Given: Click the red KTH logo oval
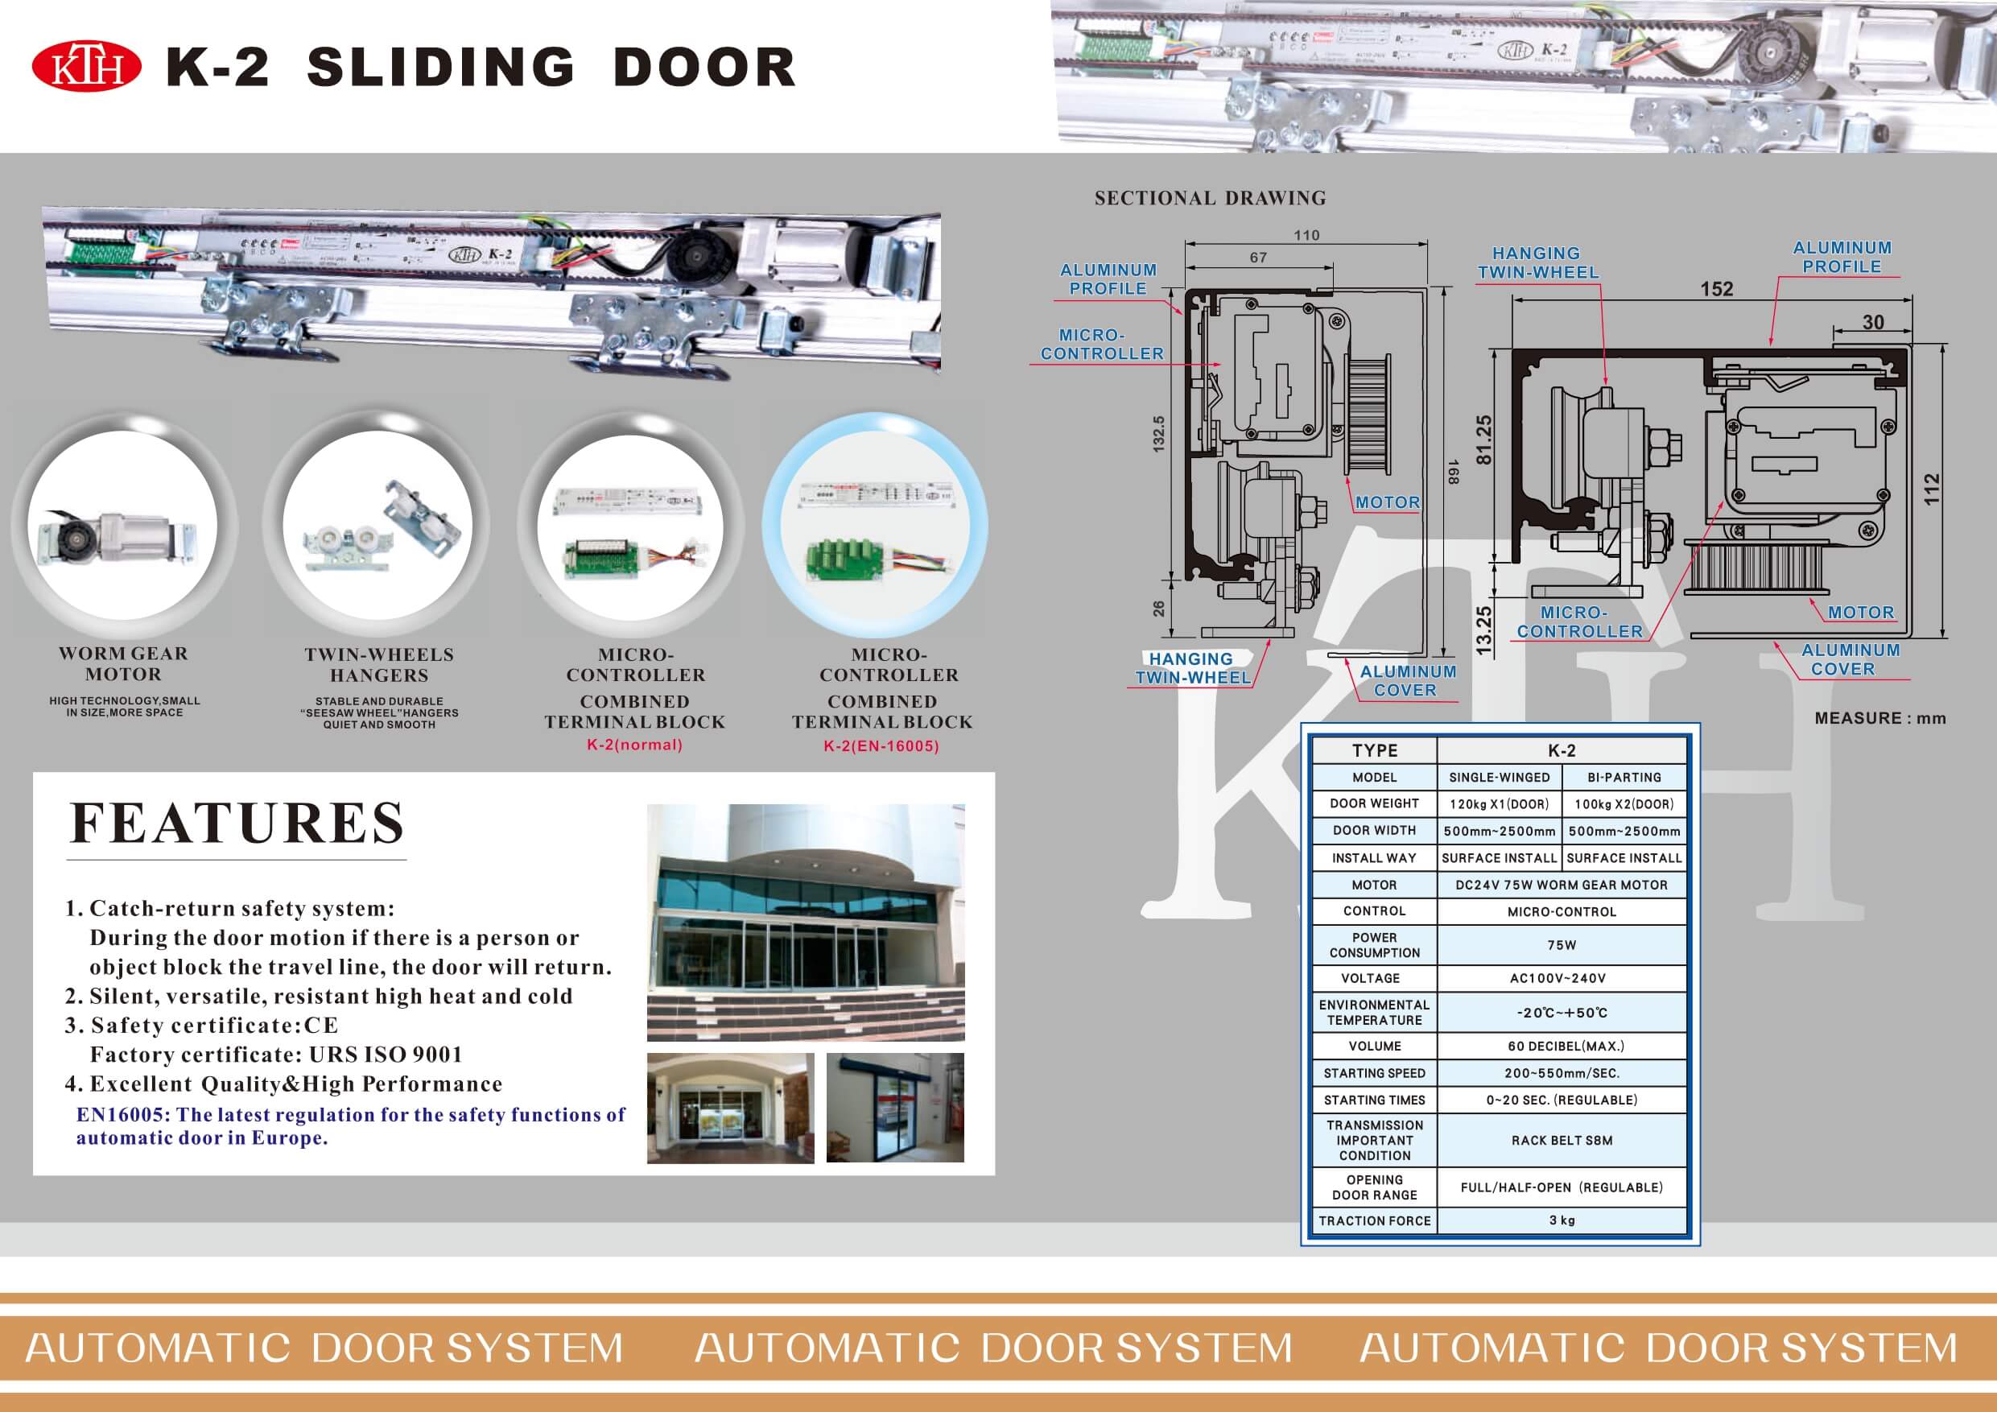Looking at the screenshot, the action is coord(86,68).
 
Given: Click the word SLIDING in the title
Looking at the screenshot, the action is coord(441,68).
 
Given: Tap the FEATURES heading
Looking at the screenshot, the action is coord(237,823).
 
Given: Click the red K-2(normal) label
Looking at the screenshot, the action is coord(635,745).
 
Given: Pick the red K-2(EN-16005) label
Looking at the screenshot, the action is coord(881,745).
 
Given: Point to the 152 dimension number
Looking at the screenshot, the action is coord(1717,289).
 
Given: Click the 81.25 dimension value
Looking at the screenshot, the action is coord(1483,440).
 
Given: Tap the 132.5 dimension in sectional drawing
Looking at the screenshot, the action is coord(1158,433).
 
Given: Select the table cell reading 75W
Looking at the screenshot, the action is coord(1562,945).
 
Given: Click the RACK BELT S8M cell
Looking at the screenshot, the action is coord(1562,1141).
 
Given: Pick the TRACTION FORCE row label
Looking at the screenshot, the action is coord(1374,1220).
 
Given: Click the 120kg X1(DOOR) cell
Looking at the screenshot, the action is coord(1500,804).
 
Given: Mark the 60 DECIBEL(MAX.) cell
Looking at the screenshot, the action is coord(1562,1046).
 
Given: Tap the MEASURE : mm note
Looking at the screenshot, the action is coord(1879,719).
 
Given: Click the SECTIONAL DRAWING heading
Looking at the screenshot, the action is coord(1210,198).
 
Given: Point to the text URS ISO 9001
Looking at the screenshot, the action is coord(386,1055).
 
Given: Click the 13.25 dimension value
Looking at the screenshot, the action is coord(1483,630).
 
